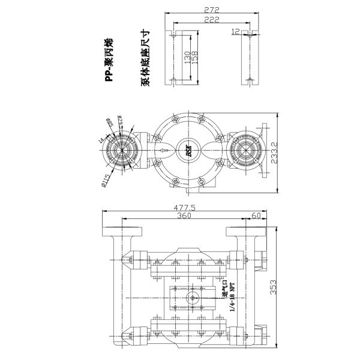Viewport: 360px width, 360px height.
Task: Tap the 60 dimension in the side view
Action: click(256, 217)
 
